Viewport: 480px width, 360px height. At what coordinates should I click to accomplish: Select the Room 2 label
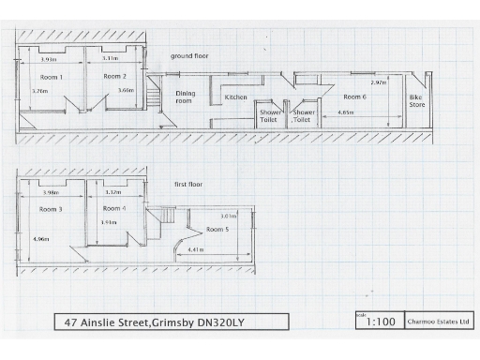pyautogui.click(x=114, y=76)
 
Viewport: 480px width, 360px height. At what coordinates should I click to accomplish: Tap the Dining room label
pyautogui.click(x=185, y=97)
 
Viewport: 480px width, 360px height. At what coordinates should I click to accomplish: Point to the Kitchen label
pyautogui.click(x=235, y=97)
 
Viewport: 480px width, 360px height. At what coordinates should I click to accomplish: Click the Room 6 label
pyautogui.click(x=353, y=97)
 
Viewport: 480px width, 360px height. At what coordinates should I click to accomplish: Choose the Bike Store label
pyautogui.click(x=417, y=101)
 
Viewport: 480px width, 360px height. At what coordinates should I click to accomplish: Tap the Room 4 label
pyautogui.click(x=113, y=208)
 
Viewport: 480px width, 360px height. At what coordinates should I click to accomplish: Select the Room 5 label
pyautogui.click(x=217, y=230)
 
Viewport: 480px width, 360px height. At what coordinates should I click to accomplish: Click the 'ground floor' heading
pyautogui.click(x=189, y=56)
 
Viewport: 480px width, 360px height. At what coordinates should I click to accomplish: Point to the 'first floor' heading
pyautogui.click(x=188, y=186)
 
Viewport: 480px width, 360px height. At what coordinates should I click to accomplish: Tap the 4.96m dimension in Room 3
pyautogui.click(x=40, y=240)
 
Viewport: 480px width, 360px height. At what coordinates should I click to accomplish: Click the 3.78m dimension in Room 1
pyautogui.click(x=39, y=92)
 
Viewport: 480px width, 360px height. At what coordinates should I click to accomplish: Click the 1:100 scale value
pyautogui.click(x=380, y=322)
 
